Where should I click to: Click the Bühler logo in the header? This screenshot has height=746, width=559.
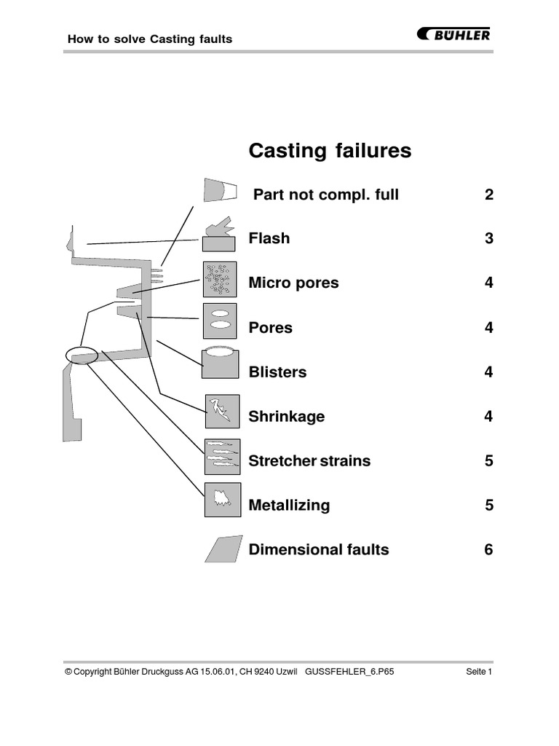pos(453,34)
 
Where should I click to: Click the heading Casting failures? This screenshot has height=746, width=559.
pos(330,151)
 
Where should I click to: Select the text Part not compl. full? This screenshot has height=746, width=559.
pos(326,195)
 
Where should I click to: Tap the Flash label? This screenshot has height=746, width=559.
pos(269,238)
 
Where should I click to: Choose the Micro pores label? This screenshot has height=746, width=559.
pos(293,283)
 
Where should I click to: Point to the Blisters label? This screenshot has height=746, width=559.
pos(277,372)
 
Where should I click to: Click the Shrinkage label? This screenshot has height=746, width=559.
pos(287,417)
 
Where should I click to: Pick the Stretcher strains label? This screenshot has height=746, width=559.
pos(309,461)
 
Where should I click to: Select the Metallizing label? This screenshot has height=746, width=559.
pos(289,506)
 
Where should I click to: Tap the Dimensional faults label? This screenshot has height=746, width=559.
pos(319,550)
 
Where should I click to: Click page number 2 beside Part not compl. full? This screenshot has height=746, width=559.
pos(488,195)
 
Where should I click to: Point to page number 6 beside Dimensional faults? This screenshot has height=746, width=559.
pos(488,550)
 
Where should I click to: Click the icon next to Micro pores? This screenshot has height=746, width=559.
pos(220,279)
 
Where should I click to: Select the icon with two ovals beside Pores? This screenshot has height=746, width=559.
pos(220,321)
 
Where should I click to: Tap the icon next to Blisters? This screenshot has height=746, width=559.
pos(220,363)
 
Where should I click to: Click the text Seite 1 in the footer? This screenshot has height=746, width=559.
pos(479,672)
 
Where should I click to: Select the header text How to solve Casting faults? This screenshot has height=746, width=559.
pos(149,39)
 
